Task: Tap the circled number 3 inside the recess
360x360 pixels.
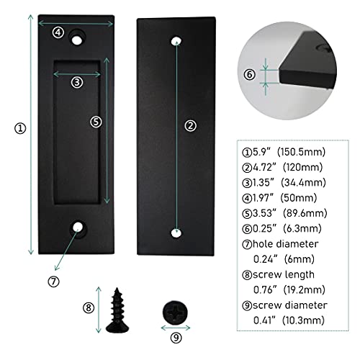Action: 76,82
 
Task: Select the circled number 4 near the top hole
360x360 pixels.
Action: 58,31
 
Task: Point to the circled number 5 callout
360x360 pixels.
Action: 96,122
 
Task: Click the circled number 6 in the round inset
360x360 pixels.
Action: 250,74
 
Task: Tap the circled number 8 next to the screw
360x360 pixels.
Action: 89,307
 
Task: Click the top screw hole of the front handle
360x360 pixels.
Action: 76,35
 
